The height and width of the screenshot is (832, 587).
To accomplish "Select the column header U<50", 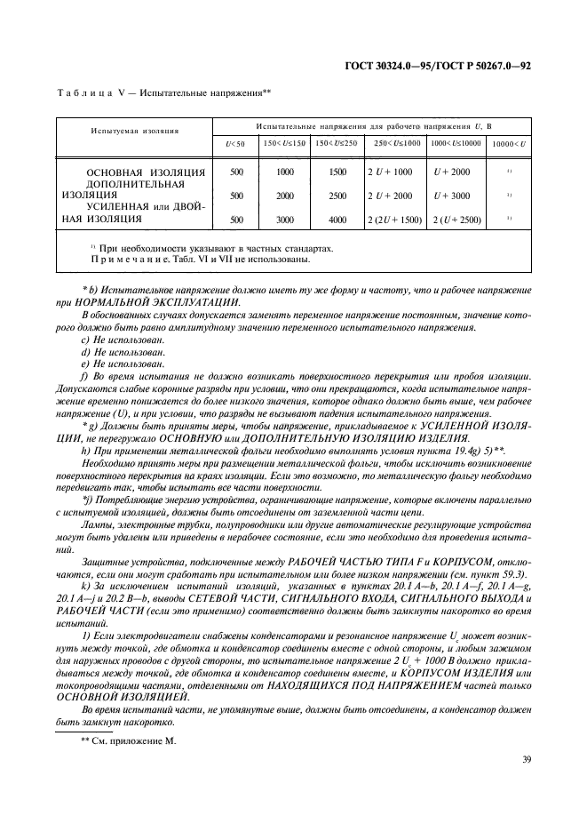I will click(x=236, y=143).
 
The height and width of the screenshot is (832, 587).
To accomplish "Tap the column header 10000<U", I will click(x=509, y=143).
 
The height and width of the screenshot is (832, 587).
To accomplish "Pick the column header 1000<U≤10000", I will click(x=456, y=143).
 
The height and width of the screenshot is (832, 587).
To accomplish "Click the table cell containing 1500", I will click(x=337, y=172).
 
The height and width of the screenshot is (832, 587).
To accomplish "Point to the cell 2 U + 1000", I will click(x=390, y=172).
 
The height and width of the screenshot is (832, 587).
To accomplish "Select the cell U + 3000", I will click(x=453, y=196).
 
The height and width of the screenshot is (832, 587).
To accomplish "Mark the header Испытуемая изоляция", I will click(x=135, y=131).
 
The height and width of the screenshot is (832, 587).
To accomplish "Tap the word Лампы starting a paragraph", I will click(x=97, y=524).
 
